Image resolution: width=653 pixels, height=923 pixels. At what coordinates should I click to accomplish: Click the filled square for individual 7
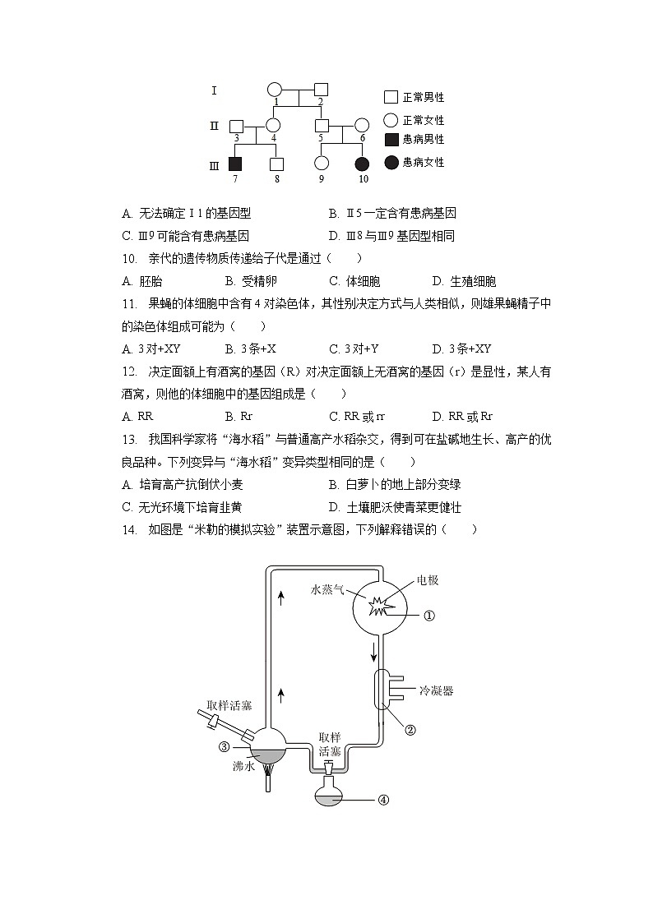coord(236,163)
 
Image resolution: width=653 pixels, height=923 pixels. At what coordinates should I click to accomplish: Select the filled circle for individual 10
coord(362,163)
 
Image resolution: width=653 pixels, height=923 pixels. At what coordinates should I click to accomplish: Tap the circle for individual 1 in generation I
coord(275,90)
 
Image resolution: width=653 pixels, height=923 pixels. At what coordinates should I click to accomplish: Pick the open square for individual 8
coord(277,163)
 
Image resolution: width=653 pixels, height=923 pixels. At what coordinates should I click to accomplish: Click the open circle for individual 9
coord(322,163)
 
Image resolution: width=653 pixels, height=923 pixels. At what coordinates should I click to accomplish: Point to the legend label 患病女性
coord(424,162)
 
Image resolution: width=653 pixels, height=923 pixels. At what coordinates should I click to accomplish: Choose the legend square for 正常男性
coord(391,97)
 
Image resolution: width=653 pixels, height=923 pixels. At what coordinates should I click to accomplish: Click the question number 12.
coord(128,372)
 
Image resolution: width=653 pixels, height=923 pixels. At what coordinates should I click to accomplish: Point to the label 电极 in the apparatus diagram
coord(427,580)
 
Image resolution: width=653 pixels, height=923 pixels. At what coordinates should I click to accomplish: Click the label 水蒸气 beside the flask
coord(327,589)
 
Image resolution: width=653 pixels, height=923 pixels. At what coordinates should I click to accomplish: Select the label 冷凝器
coord(436,691)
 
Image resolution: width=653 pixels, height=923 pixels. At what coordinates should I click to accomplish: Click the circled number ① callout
coord(428,615)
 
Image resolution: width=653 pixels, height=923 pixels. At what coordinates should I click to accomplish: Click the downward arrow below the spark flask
coord(374,653)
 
